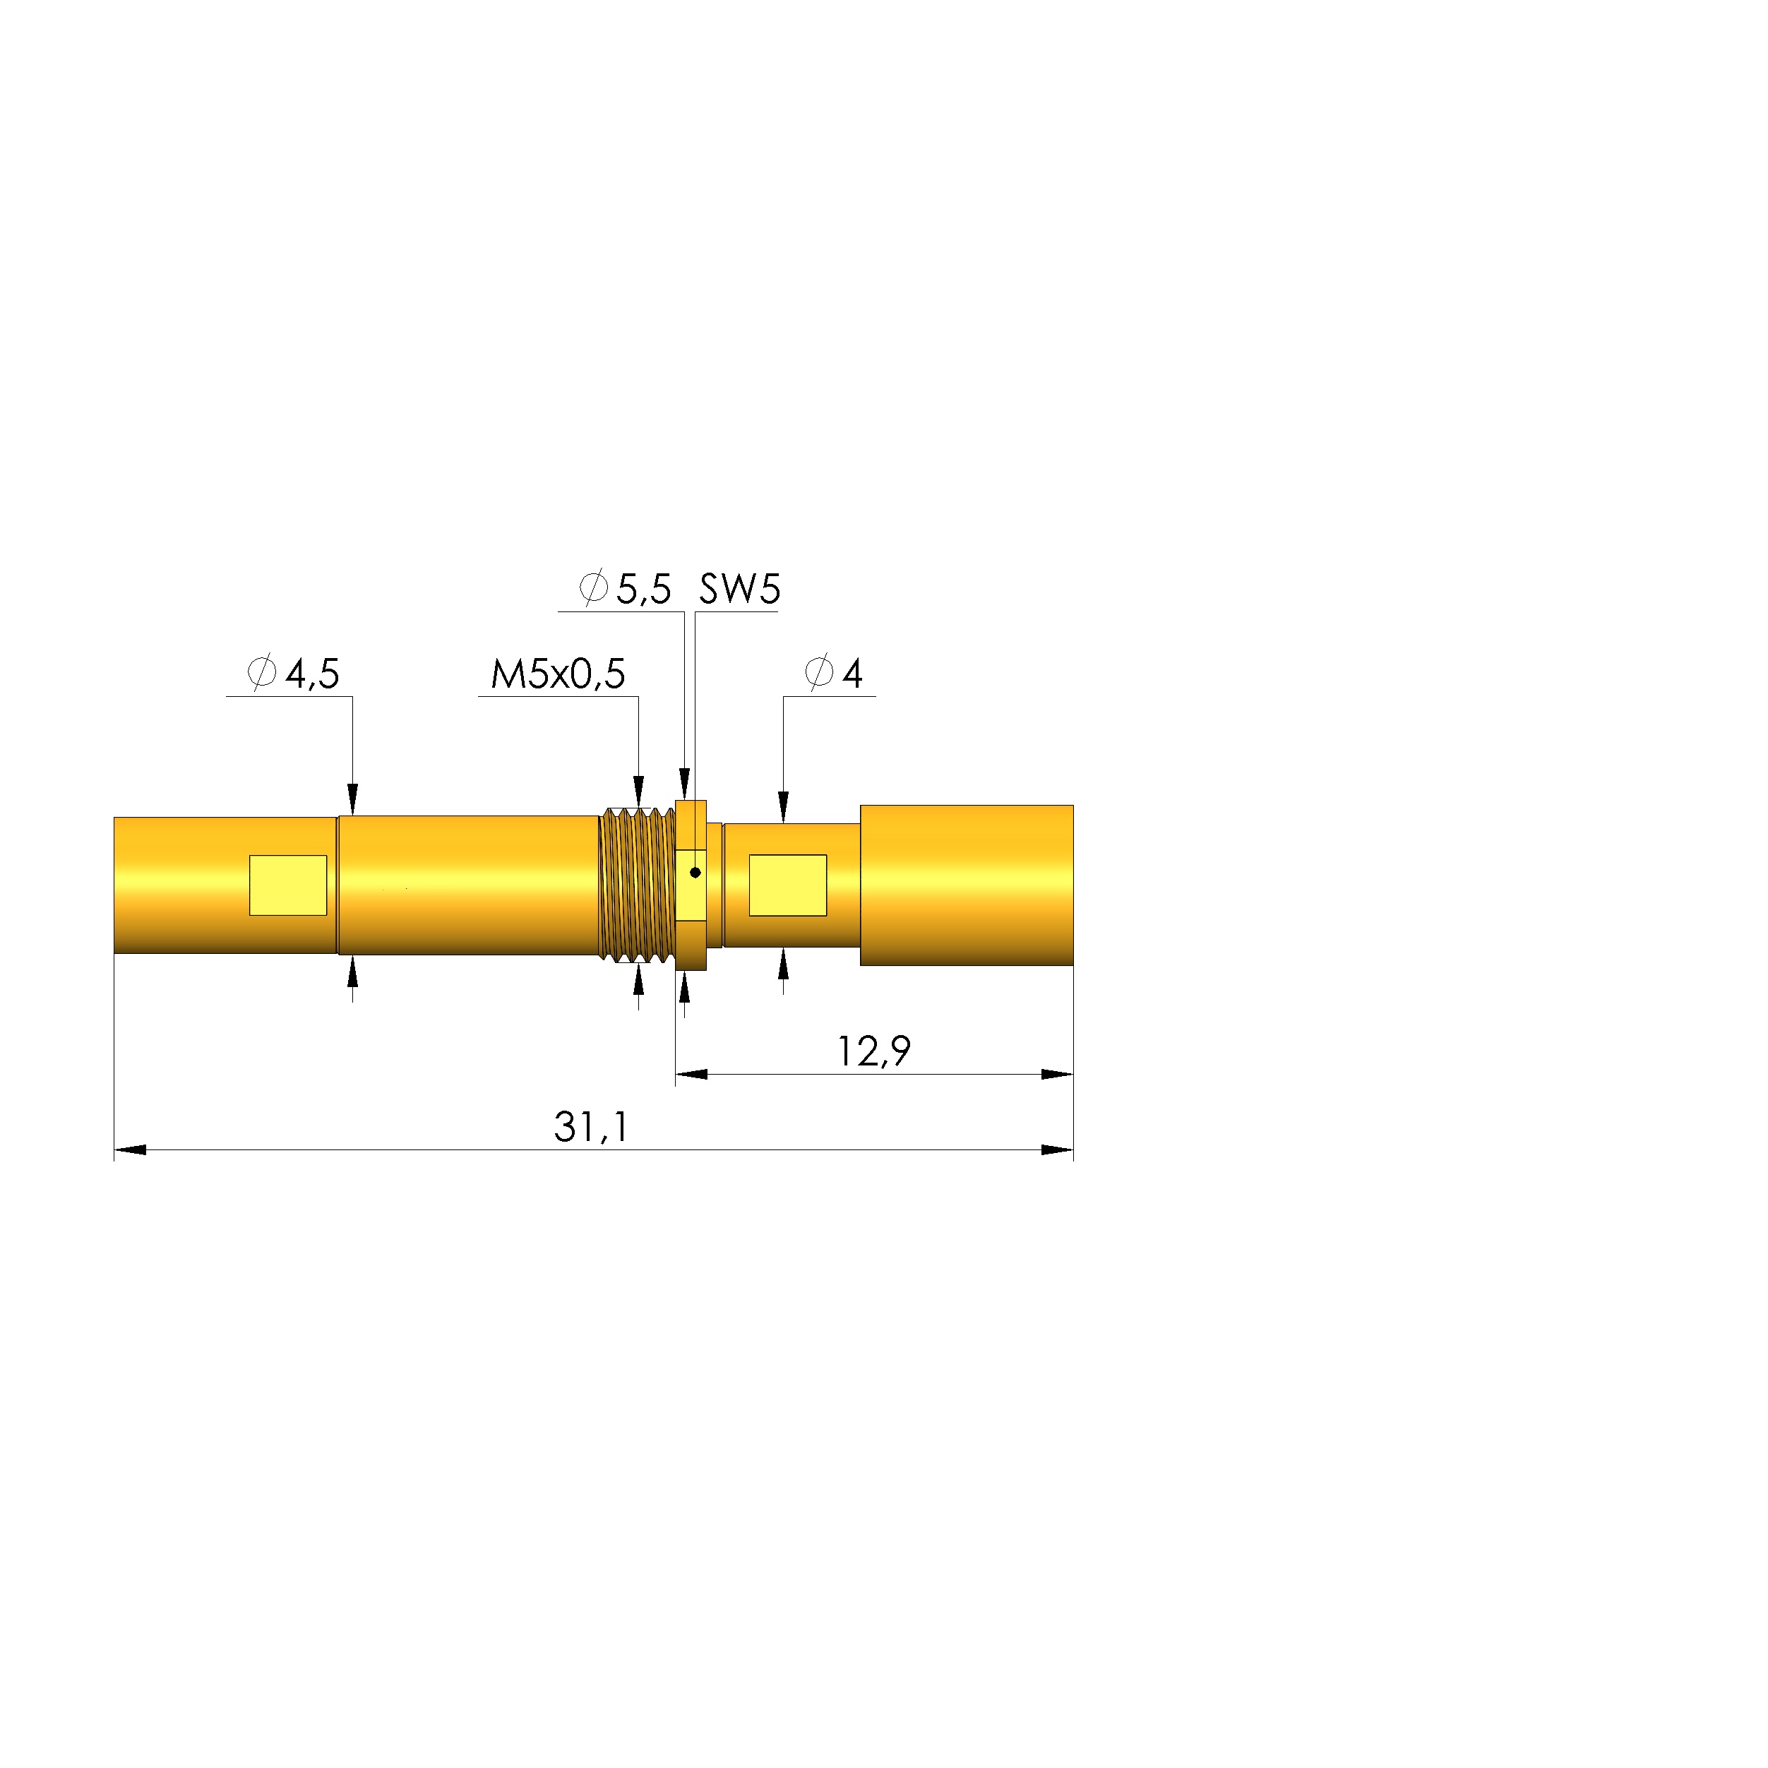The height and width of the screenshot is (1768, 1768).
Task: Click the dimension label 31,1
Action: pos(591,1126)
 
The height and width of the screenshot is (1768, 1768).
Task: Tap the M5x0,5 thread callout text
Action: pos(557,674)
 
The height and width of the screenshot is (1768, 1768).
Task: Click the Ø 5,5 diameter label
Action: pos(626,588)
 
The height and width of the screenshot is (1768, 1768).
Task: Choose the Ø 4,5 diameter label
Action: pos(294,674)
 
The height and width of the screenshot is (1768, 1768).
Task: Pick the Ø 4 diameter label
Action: pos(834,673)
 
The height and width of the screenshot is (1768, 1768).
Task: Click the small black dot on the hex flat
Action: pos(695,872)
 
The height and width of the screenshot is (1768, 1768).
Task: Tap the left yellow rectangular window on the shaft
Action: pos(288,885)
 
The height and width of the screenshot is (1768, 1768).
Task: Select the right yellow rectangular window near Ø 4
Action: pos(788,885)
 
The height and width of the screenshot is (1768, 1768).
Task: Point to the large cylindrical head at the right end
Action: pos(967,885)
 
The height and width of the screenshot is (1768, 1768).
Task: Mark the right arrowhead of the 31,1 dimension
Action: pos(1058,1149)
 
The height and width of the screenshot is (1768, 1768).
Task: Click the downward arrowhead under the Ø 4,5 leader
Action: pos(352,798)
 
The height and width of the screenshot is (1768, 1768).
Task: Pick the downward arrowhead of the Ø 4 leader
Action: pos(783,807)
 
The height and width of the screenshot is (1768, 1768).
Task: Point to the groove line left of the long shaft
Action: pos(338,885)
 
